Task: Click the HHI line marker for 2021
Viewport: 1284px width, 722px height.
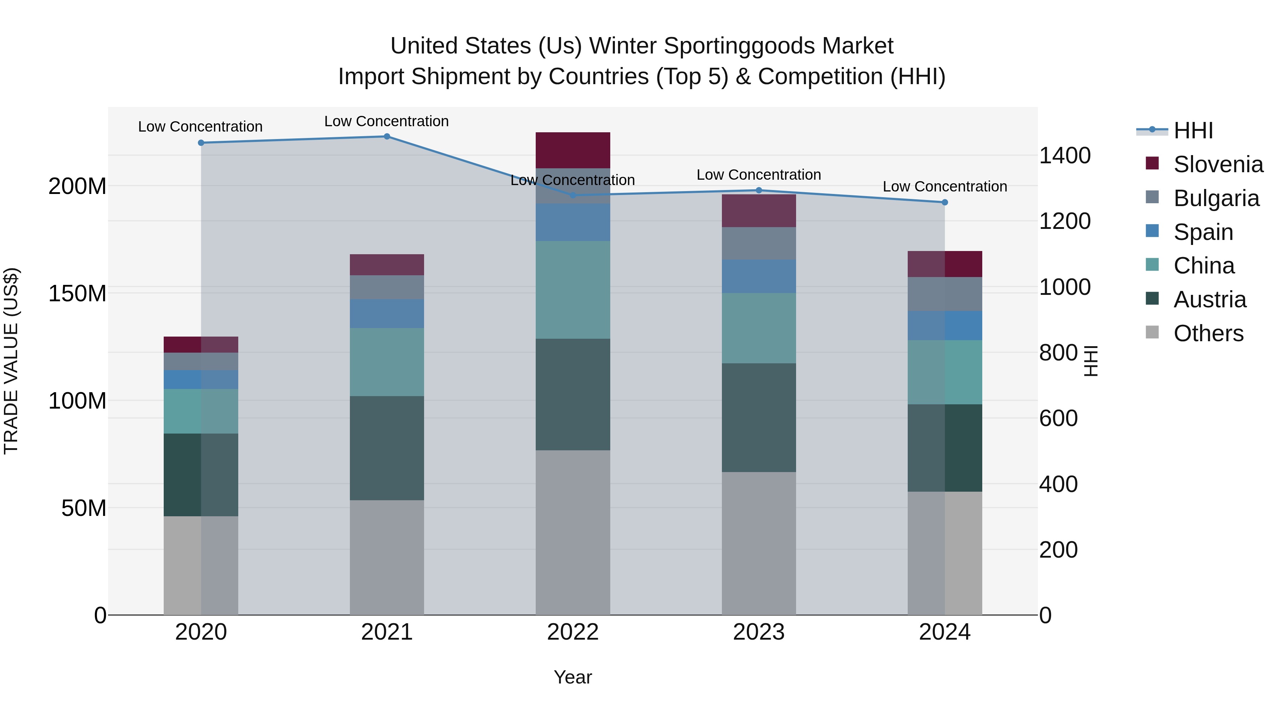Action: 387,137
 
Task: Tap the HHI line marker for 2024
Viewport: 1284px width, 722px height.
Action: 944,202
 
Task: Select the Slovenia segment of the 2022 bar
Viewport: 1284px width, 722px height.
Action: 573,150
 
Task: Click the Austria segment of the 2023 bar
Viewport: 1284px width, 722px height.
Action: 759,418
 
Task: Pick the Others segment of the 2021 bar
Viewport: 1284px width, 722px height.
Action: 387,557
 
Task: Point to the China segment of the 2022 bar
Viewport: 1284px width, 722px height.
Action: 573,290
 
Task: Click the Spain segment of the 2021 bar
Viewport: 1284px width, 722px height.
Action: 387,313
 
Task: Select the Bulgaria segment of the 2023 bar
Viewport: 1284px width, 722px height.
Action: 759,243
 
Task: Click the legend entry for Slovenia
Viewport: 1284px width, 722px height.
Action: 1218,164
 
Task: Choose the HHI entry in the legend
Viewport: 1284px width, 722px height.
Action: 1193,130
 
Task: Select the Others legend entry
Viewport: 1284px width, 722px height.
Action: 1208,333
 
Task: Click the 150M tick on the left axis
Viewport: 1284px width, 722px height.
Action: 77,293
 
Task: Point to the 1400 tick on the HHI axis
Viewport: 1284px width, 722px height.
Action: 1065,155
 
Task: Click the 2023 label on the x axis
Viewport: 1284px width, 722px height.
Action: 759,632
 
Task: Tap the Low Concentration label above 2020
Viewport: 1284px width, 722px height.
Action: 200,127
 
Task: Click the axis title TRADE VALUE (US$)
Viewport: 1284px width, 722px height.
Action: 11,361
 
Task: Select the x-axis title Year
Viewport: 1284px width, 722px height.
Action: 573,677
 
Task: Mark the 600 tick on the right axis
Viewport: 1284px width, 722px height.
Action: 1058,418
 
